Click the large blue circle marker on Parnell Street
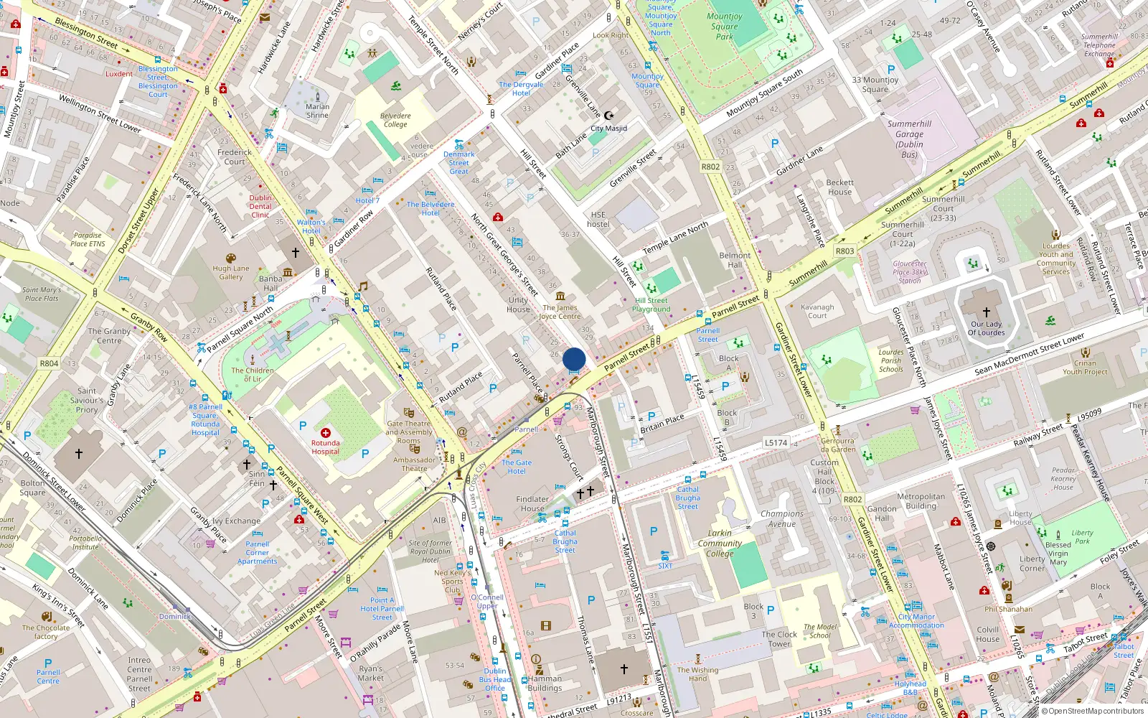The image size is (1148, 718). [x=574, y=358]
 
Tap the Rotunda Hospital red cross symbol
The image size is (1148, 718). [x=326, y=433]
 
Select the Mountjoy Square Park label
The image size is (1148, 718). [x=725, y=27]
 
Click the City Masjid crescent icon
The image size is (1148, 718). [x=609, y=116]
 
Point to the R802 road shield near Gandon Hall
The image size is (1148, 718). [x=852, y=499]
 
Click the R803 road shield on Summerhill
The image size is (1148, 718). [x=844, y=251]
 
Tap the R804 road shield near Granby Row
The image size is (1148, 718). [x=49, y=363]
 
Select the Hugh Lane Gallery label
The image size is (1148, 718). [x=231, y=272]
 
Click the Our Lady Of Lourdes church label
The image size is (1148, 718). [x=986, y=328]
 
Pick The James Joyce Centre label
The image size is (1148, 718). [x=560, y=312]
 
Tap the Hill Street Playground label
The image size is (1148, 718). [x=651, y=305]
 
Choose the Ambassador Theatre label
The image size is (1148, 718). [x=414, y=464]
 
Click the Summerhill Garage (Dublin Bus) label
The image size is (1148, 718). [x=909, y=139]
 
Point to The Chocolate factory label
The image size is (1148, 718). [x=46, y=632]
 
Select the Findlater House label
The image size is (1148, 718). [x=532, y=503]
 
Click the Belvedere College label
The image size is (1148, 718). [x=395, y=120]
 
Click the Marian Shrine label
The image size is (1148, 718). [x=317, y=111]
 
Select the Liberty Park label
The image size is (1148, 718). [x=1082, y=536]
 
